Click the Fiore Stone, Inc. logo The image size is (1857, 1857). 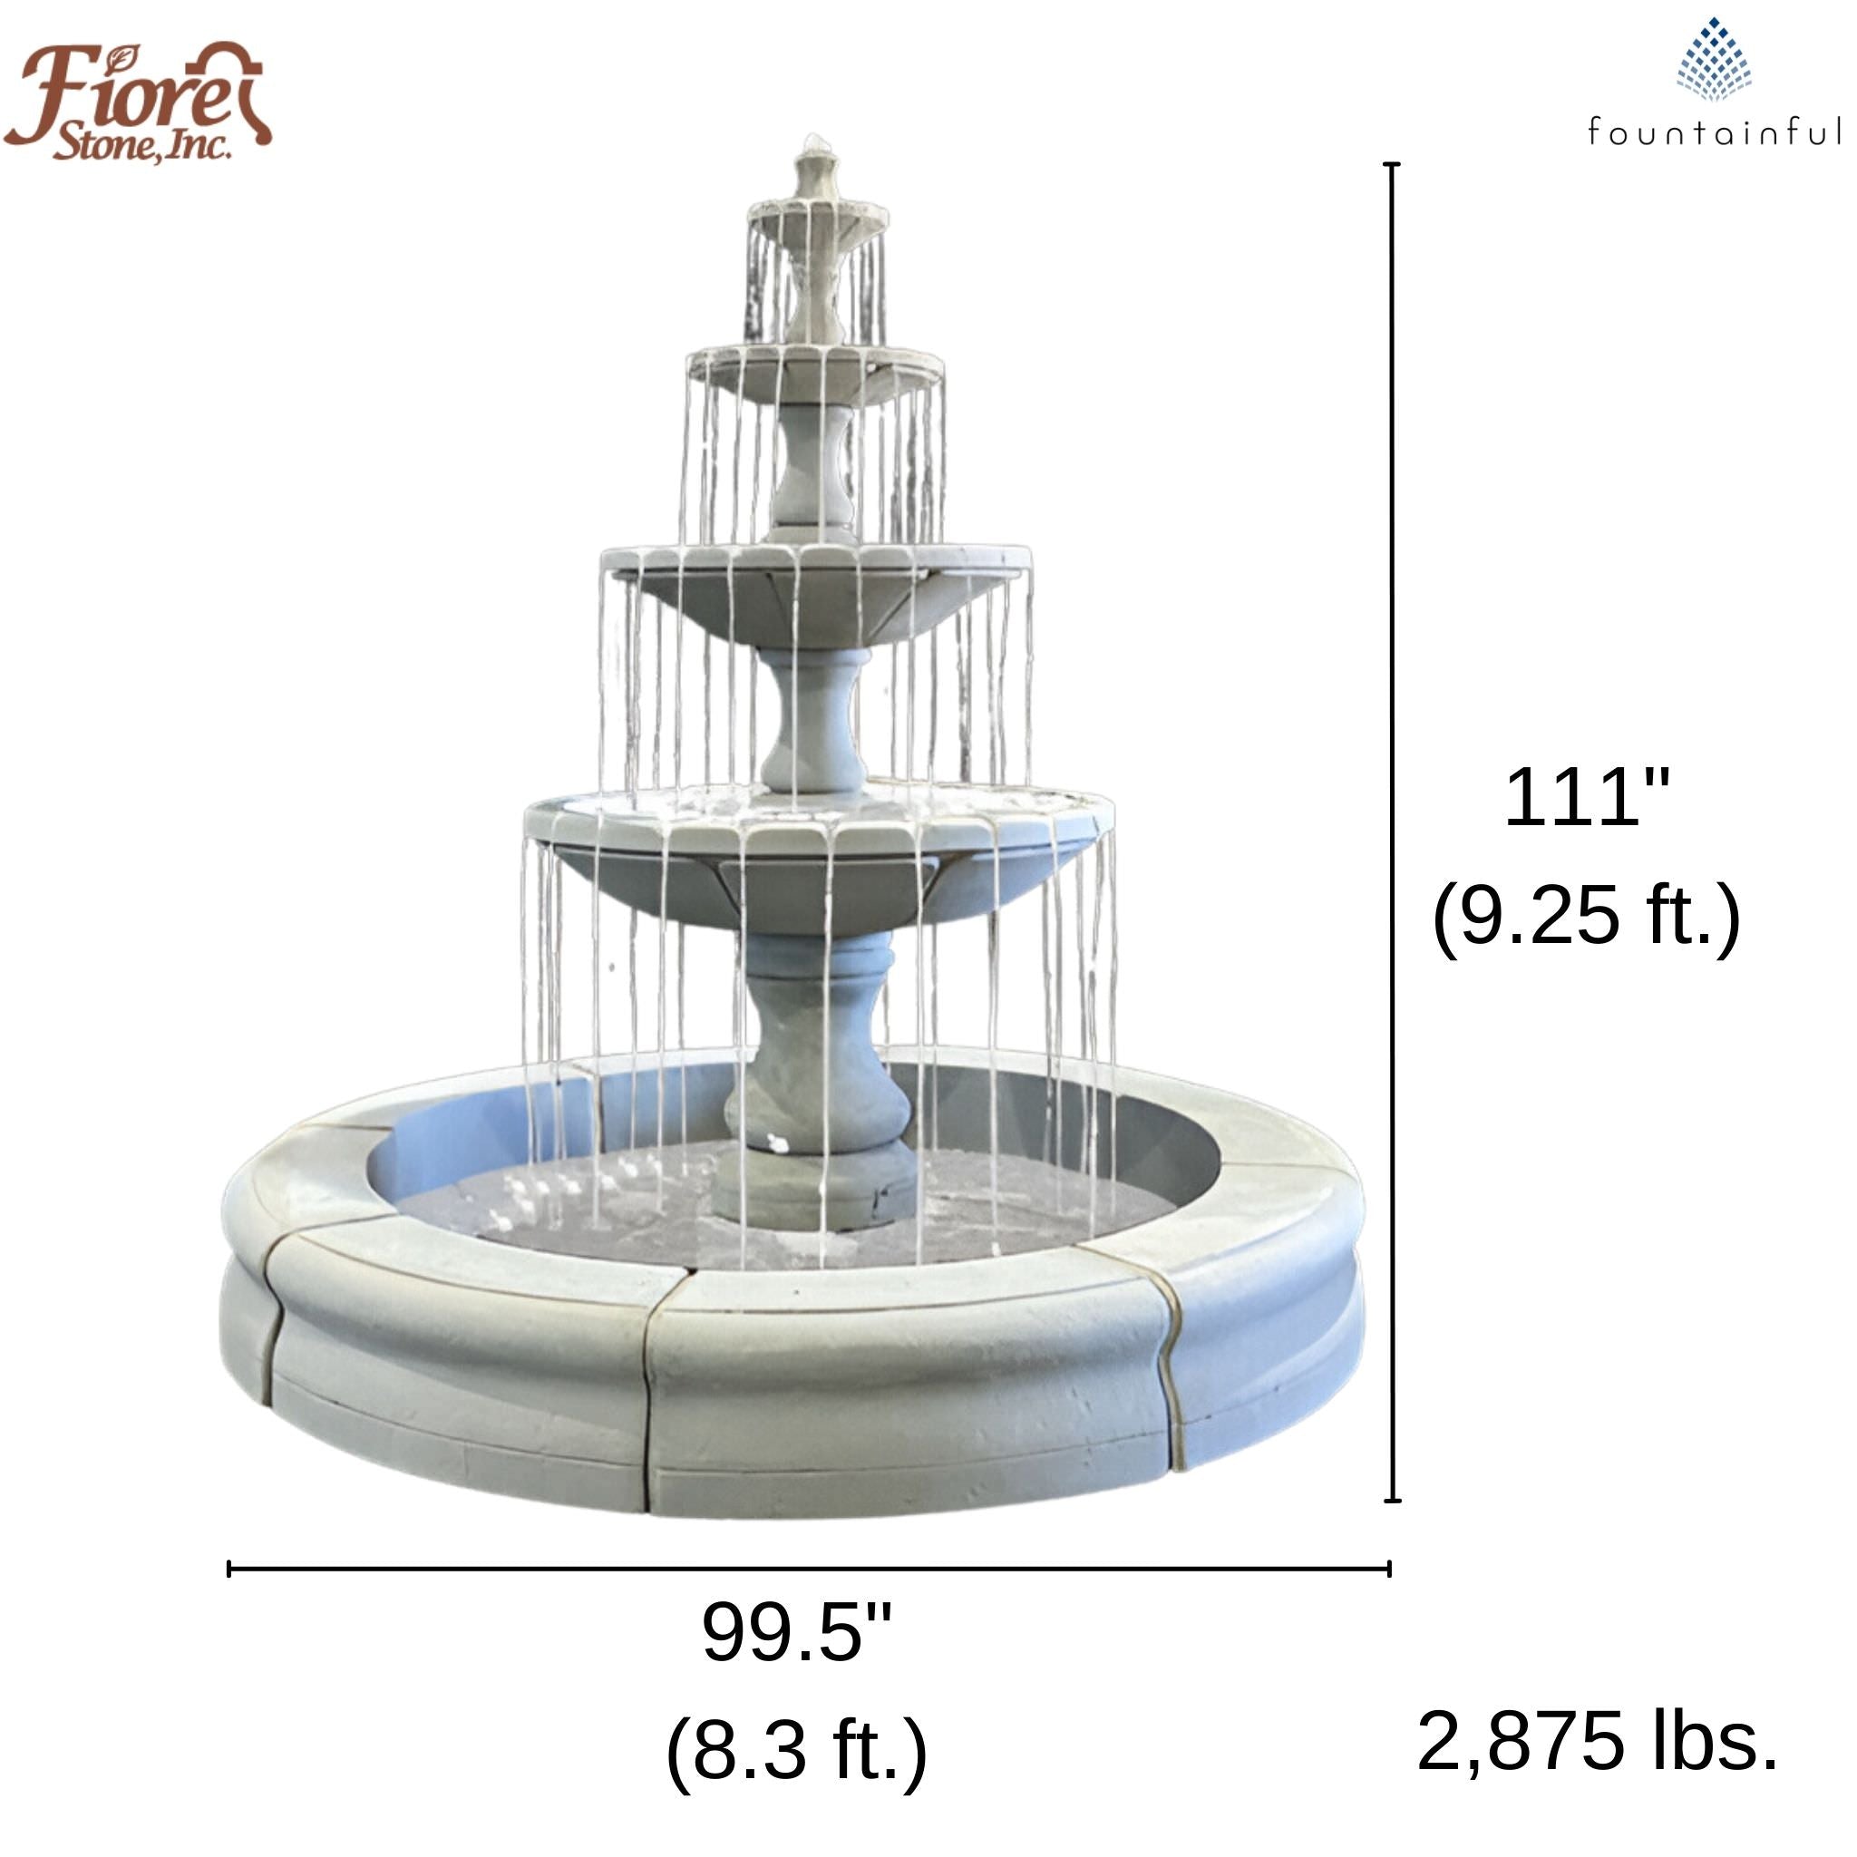tap(137, 101)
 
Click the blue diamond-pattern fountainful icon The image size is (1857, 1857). tap(1714, 60)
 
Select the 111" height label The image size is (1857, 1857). tap(1587, 797)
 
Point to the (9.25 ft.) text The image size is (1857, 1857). tap(1586, 916)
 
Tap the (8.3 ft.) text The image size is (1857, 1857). tap(797, 1750)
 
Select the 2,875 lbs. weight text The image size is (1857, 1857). tap(1597, 1741)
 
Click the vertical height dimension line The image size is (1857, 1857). tap(1392, 832)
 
